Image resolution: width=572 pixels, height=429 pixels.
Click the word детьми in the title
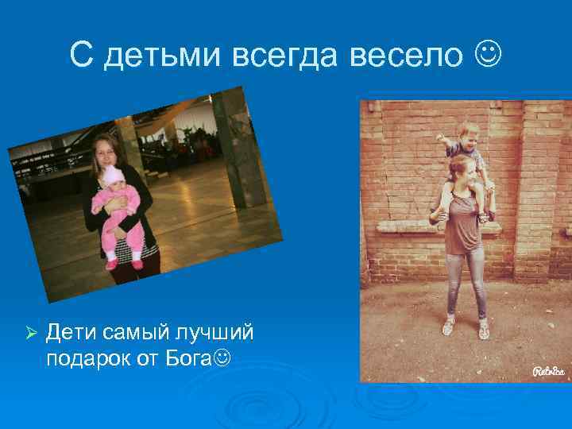pyautogui.click(x=164, y=55)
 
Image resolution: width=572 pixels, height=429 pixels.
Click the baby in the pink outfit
pyautogui.click(x=119, y=214)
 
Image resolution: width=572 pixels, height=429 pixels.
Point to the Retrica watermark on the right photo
pyautogui.click(x=547, y=370)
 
